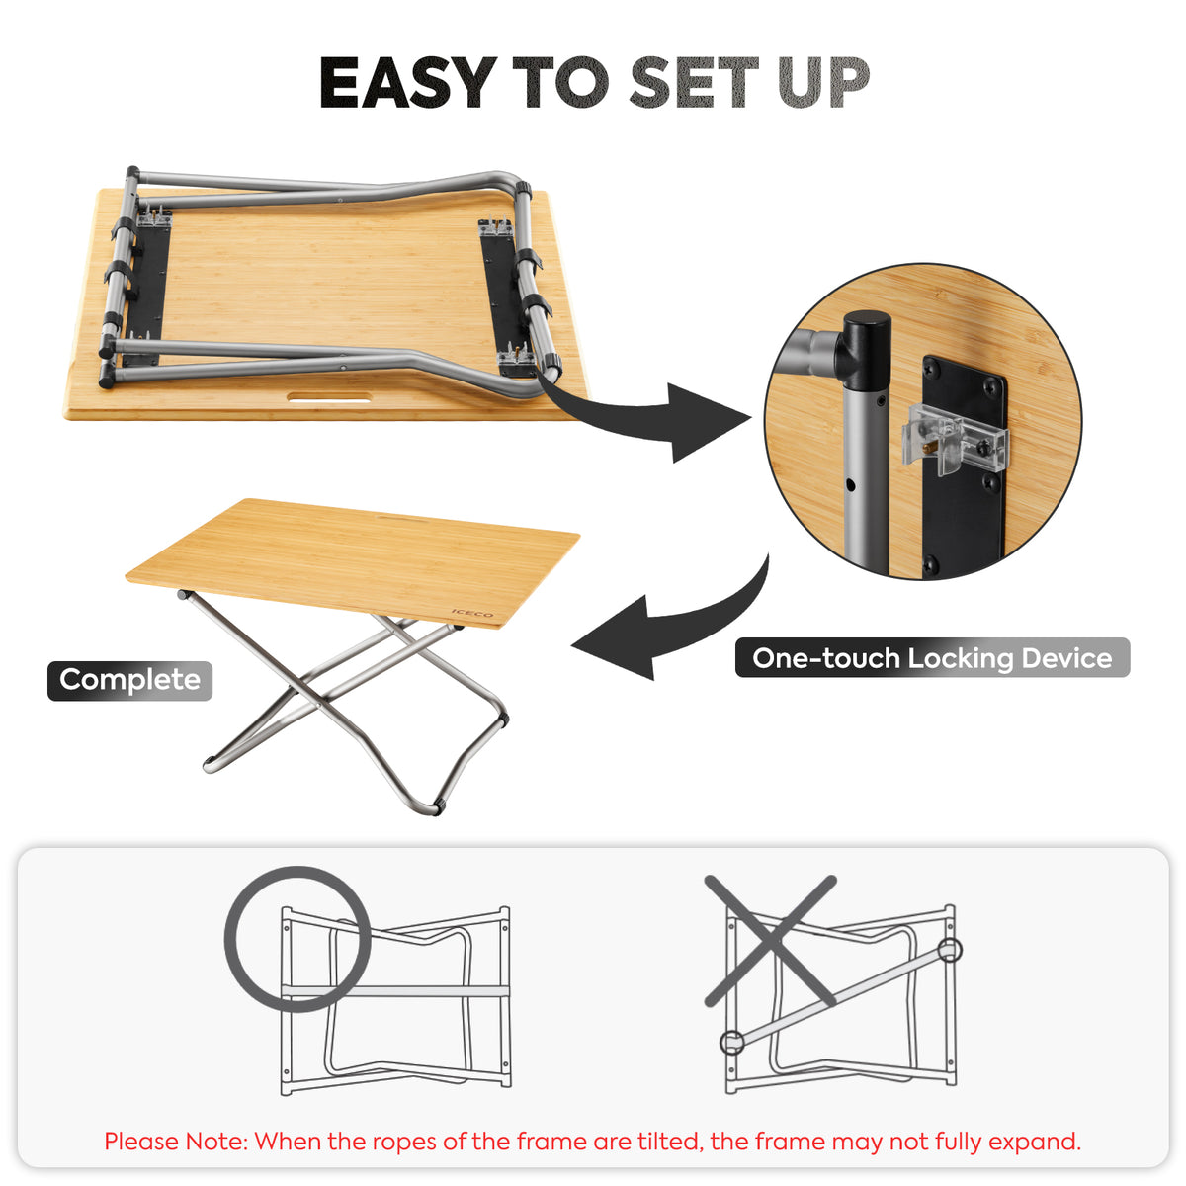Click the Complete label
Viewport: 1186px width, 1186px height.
pyautogui.click(x=129, y=680)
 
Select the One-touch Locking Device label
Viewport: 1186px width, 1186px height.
pyautogui.click(x=932, y=658)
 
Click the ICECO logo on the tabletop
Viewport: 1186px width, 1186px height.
pyautogui.click(x=472, y=615)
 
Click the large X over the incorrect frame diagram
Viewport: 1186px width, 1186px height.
pyautogui.click(x=771, y=940)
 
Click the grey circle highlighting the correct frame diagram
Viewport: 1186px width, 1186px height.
pyautogui.click(x=297, y=939)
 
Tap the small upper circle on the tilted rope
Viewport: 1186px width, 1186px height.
pyautogui.click(x=949, y=951)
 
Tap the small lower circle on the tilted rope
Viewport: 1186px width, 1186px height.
pyautogui.click(x=731, y=1042)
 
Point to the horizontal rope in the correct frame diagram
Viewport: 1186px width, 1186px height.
pyautogui.click(x=395, y=990)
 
